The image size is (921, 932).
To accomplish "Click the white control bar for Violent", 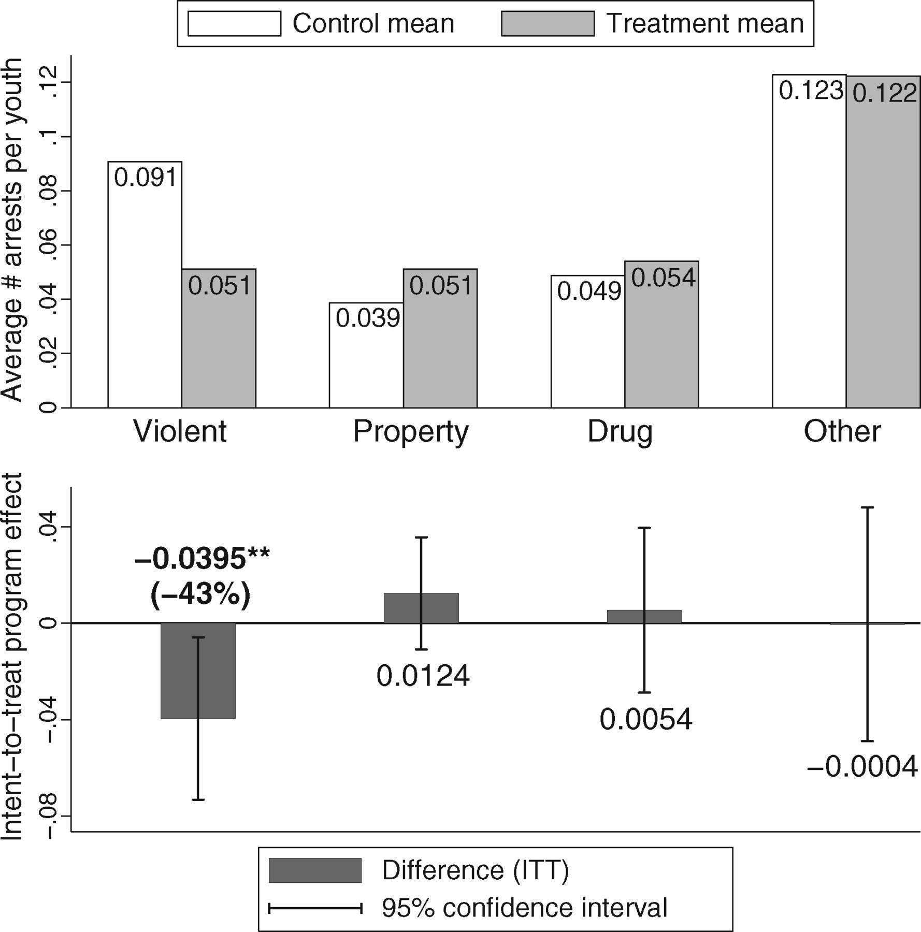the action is tap(145, 284).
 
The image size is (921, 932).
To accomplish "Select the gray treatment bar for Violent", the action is tap(219, 338).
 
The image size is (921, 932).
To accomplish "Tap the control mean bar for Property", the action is tap(366, 355).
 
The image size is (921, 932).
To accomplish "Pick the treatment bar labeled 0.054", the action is tap(661, 334).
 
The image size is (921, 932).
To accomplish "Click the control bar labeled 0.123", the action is tap(809, 241).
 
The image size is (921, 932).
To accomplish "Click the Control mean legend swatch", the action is tap(234, 24).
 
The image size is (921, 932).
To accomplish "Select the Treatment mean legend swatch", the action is tap(548, 24).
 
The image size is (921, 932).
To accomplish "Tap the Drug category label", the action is tap(620, 432).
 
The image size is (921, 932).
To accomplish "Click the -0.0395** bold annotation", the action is tap(202, 559).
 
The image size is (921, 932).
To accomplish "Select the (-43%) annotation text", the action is tap(201, 594).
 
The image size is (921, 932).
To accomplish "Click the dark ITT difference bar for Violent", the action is tap(198, 671).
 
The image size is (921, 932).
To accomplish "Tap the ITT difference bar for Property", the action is tap(421, 608).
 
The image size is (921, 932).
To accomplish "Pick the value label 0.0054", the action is tap(646, 720).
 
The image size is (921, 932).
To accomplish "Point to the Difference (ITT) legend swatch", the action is tap(315, 870).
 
